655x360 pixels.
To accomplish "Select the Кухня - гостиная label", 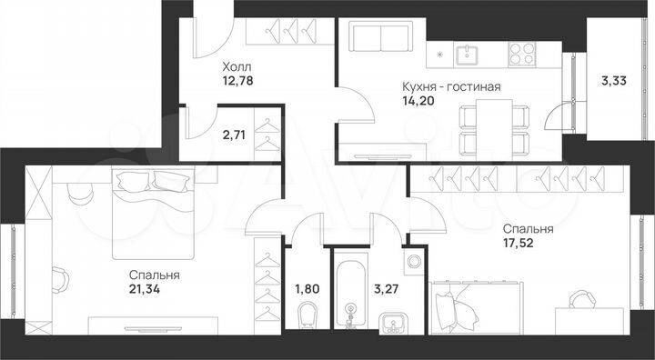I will point(451,87).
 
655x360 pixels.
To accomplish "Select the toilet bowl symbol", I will point(307,315).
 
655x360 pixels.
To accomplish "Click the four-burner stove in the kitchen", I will point(519,55).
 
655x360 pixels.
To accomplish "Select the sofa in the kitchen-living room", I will point(378,39).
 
